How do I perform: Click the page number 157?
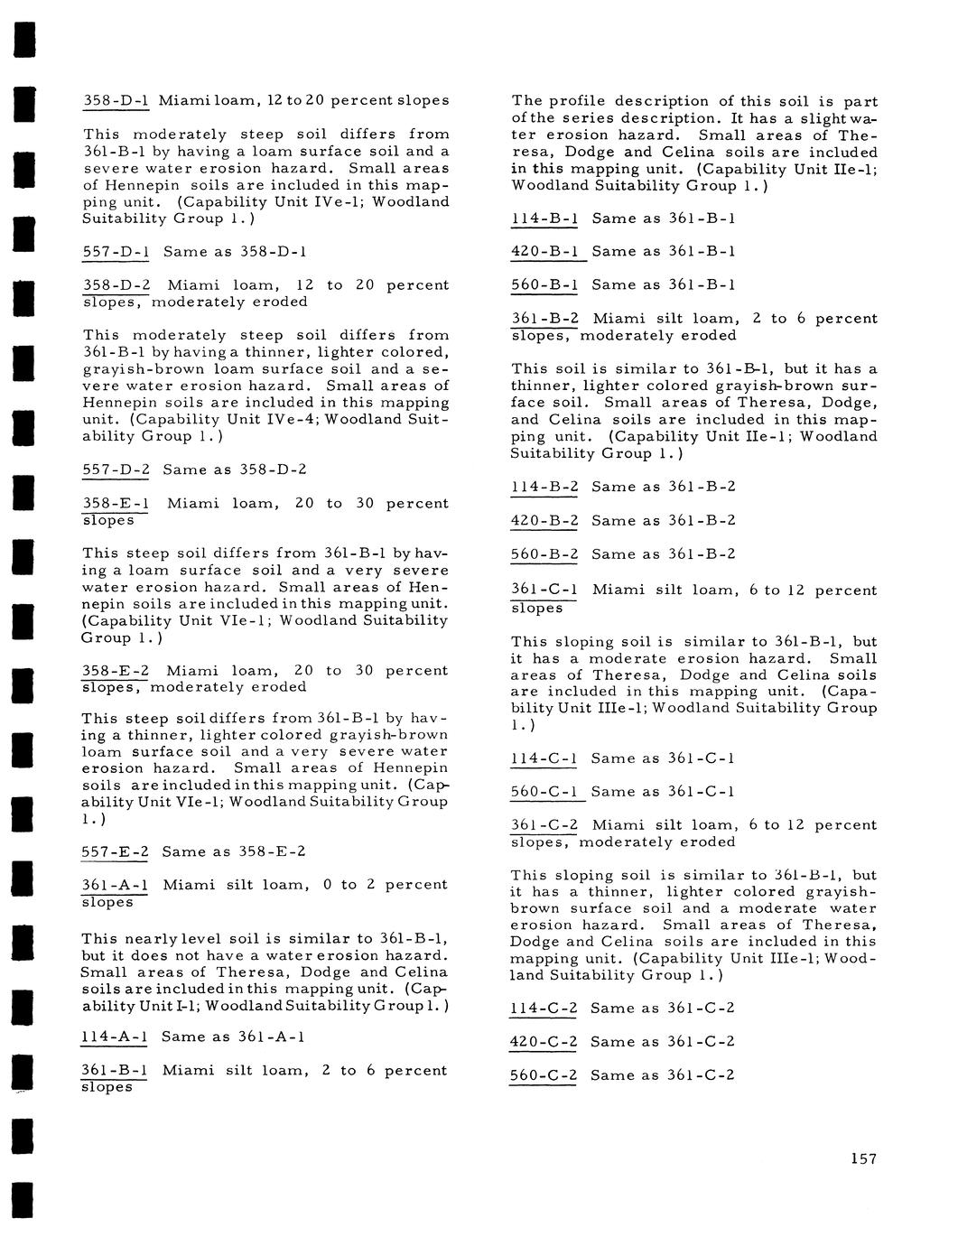point(863,1159)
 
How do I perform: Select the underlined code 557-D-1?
point(116,252)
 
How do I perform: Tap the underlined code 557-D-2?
point(116,470)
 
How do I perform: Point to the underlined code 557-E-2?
point(115,851)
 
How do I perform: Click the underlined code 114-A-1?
point(114,1037)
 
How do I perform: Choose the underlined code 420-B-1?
point(544,251)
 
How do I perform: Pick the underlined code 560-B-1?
point(544,285)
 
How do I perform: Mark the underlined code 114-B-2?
point(544,487)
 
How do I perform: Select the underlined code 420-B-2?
point(544,521)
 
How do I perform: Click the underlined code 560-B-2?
point(544,554)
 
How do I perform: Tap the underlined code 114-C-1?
point(544,758)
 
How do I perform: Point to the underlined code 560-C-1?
point(544,792)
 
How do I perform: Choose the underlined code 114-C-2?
point(544,1009)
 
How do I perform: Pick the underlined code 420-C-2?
point(544,1042)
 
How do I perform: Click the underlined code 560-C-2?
point(544,1075)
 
